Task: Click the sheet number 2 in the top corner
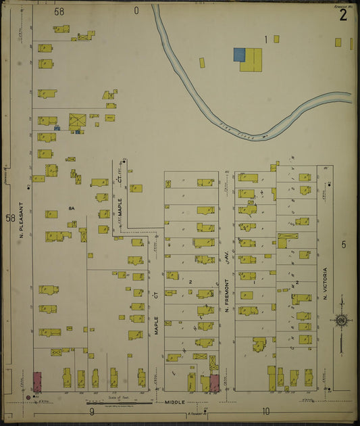click(x=343, y=16)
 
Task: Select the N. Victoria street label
click(x=325, y=283)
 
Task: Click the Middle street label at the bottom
click(x=175, y=402)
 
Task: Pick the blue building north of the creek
click(x=238, y=54)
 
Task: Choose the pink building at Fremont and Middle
click(x=215, y=383)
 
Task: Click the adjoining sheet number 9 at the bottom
click(x=90, y=411)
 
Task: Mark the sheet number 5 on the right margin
click(x=343, y=244)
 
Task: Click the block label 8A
click(x=70, y=208)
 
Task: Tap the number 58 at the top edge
click(x=59, y=11)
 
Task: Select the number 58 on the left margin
click(x=9, y=218)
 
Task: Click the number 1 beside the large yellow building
click(x=266, y=39)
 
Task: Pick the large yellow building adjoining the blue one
click(x=252, y=58)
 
